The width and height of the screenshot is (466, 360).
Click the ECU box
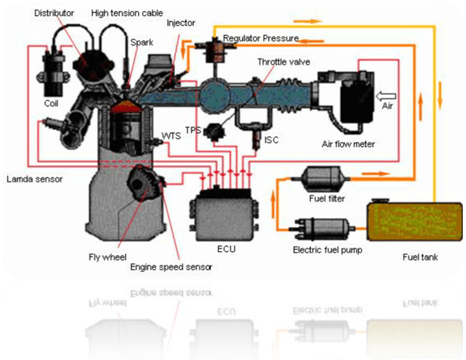pyautogui.click(x=225, y=215)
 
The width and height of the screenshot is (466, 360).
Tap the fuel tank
pyautogui.click(x=414, y=220)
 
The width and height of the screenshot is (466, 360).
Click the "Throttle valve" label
pyautogui.click(x=283, y=62)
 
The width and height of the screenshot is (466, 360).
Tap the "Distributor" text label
pyautogui.click(x=54, y=13)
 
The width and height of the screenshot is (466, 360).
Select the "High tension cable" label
pyautogui.click(x=127, y=13)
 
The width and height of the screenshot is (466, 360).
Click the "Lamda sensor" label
pyautogui.click(x=35, y=179)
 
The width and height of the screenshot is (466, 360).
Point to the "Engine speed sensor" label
pyautogui.click(x=171, y=267)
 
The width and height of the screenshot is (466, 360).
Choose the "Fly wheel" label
pyautogui.click(x=107, y=257)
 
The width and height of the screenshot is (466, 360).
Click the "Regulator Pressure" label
pyautogui.click(x=261, y=38)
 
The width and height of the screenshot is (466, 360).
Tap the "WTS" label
pyautogui.click(x=171, y=136)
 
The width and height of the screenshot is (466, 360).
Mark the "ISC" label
pyautogui.click(x=271, y=140)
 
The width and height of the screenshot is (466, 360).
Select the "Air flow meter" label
pyautogui.click(x=348, y=144)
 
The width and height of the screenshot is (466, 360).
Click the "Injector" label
pyautogui.click(x=181, y=23)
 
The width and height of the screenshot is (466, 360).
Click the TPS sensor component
pyautogui.click(x=214, y=132)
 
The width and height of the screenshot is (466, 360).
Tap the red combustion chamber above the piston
pyautogui.click(x=126, y=107)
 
